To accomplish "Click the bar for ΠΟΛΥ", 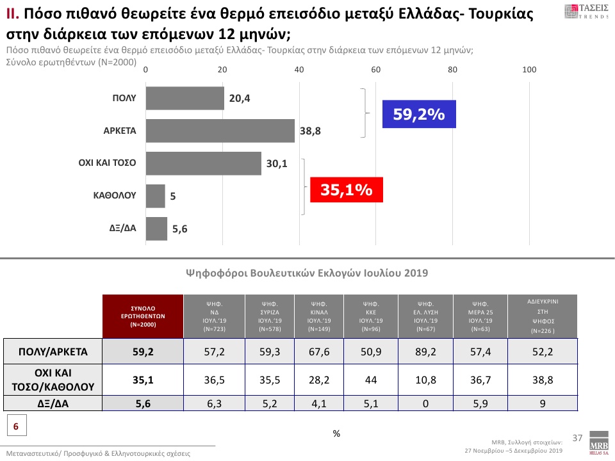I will (x=185, y=98).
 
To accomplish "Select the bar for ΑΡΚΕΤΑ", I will (x=220, y=131).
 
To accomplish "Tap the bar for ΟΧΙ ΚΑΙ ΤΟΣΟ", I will (x=204, y=163).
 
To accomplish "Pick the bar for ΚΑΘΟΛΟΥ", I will (x=156, y=196).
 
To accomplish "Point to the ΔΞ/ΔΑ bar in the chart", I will (x=157, y=229).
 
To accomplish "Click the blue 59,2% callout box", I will (x=419, y=115).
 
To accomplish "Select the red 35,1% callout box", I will (x=347, y=190).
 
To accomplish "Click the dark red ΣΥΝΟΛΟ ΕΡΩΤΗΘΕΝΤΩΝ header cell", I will (x=143, y=316).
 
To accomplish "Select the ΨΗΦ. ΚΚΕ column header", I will (x=370, y=316).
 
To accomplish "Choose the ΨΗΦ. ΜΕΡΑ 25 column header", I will (x=480, y=316).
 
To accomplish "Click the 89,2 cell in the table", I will (x=425, y=351).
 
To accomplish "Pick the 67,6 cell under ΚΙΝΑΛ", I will (x=318, y=351).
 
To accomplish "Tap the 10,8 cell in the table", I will (x=425, y=380).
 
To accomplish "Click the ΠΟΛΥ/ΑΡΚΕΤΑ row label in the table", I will (x=53, y=351).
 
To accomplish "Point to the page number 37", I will (x=577, y=438).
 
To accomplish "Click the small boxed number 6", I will (x=16, y=425).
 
